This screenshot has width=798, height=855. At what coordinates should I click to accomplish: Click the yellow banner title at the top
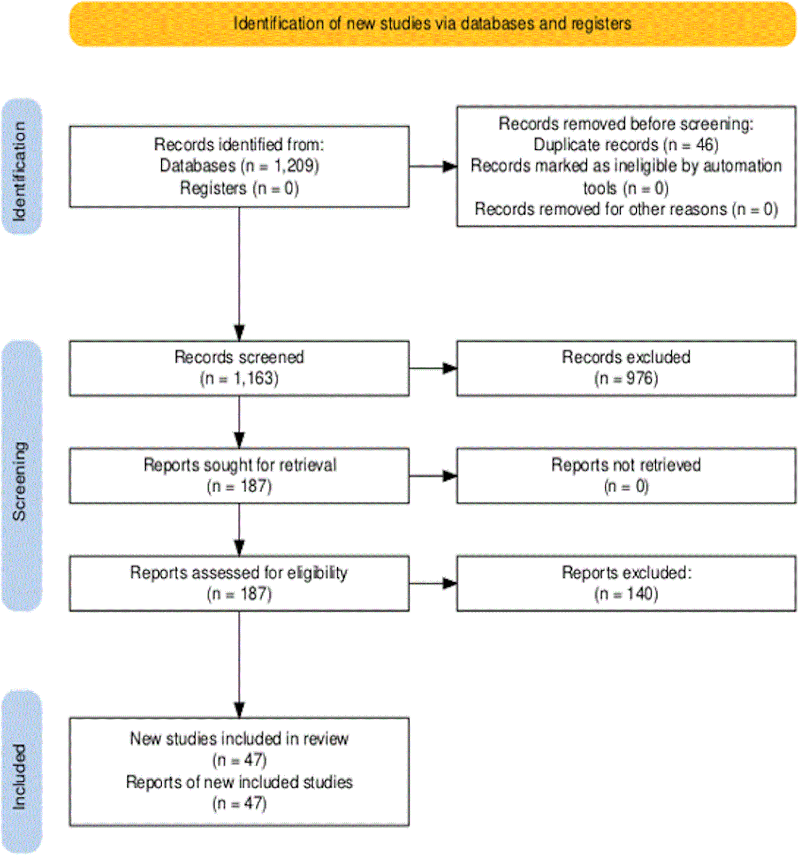pyautogui.click(x=432, y=23)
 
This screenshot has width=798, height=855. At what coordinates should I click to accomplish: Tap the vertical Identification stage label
pyautogui.click(x=19, y=171)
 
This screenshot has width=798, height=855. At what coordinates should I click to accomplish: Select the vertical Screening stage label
pyautogui.click(x=19, y=481)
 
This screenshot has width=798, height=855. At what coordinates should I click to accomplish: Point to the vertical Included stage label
pyautogui.click(x=19, y=777)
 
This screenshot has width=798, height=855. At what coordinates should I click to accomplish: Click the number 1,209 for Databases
pyautogui.click(x=294, y=166)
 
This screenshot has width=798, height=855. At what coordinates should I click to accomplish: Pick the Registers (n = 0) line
pyautogui.click(x=239, y=188)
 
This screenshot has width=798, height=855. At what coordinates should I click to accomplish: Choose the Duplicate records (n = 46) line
pyautogui.click(x=626, y=145)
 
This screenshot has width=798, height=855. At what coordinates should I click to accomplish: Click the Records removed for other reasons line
pyautogui.click(x=626, y=209)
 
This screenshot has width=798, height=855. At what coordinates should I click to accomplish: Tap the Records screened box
pyautogui.click(x=239, y=368)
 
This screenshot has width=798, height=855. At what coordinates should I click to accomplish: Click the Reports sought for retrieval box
pyautogui.click(x=239, y=476)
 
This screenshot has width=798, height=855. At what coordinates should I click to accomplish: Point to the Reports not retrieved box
pyautogui.click(x=626, y=476)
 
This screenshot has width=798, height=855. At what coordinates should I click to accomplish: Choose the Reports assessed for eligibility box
pyautogui.click(x=239, y=583)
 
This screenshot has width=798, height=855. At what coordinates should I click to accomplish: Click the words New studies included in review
pyautogui.click(x=239, y=739)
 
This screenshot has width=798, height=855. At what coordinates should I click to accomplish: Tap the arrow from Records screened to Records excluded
pyautogui.click(x=433, y=368)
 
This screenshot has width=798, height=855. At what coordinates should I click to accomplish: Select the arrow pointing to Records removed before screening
pyautogui.click(x=433, y=166)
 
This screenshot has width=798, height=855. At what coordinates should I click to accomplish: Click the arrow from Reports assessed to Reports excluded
pyautogui.click(x=433, y=584)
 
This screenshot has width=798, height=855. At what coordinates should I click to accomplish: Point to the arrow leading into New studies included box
pyautogui.click(x=239, y=664)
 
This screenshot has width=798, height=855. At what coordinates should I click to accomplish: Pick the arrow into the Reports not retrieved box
pyautogui.click(x=433, y=476)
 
